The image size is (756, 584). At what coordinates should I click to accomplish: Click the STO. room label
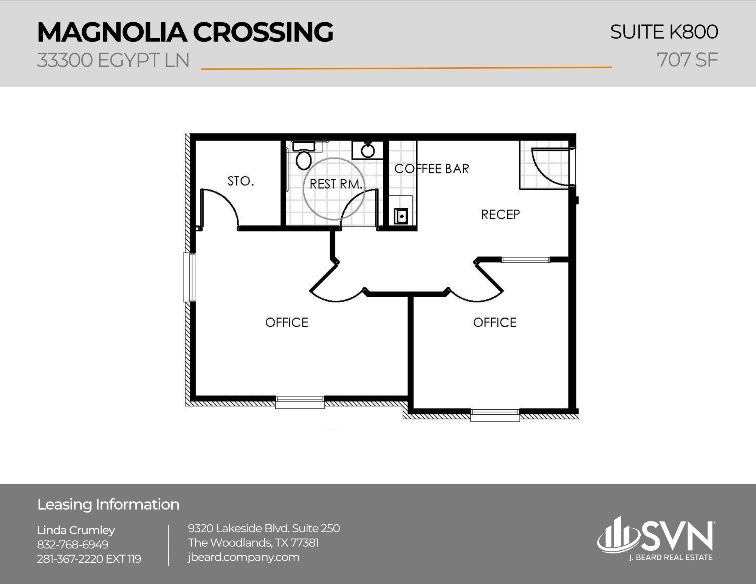[240, 181]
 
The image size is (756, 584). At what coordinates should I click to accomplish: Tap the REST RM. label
[335, 184]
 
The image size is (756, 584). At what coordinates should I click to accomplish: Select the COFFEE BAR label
[432, 169]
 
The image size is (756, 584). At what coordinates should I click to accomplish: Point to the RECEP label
[500, 215]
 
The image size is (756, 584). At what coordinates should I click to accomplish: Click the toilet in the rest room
[303, 160]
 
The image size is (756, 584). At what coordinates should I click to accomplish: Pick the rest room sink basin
[367, 151]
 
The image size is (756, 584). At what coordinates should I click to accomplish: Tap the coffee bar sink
[401, 216]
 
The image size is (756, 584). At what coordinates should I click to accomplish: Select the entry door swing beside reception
[550, 166]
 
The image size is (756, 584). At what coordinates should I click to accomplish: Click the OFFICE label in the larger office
[287, 322]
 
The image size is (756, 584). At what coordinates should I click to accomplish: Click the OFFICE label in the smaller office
[494, 322]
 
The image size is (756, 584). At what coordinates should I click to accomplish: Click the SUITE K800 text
[664, 32]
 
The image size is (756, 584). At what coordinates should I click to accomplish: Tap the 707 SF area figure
[687, 60]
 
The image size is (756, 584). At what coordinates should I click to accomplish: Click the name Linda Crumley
[76, 530]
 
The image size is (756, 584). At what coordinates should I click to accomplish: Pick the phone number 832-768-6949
[73, 545]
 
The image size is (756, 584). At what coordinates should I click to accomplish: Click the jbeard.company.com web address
[243, 557]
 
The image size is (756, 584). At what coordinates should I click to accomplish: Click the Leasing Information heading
[108, 505]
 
